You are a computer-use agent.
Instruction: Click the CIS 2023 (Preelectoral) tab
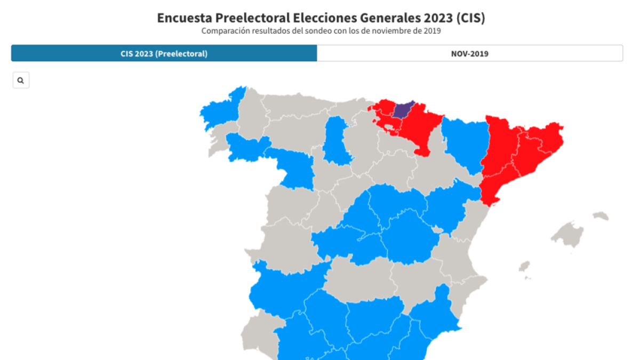point(164,53)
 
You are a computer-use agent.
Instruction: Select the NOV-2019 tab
point(469,53)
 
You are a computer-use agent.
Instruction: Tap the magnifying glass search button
point(21,81)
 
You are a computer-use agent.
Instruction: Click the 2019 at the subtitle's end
point(433,31)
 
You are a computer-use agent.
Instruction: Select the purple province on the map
point(403,109)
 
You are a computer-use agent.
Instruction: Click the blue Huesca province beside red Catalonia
point(464,141)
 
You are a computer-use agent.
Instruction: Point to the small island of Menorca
point(601,216)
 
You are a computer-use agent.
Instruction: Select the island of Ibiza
point(524,266)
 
